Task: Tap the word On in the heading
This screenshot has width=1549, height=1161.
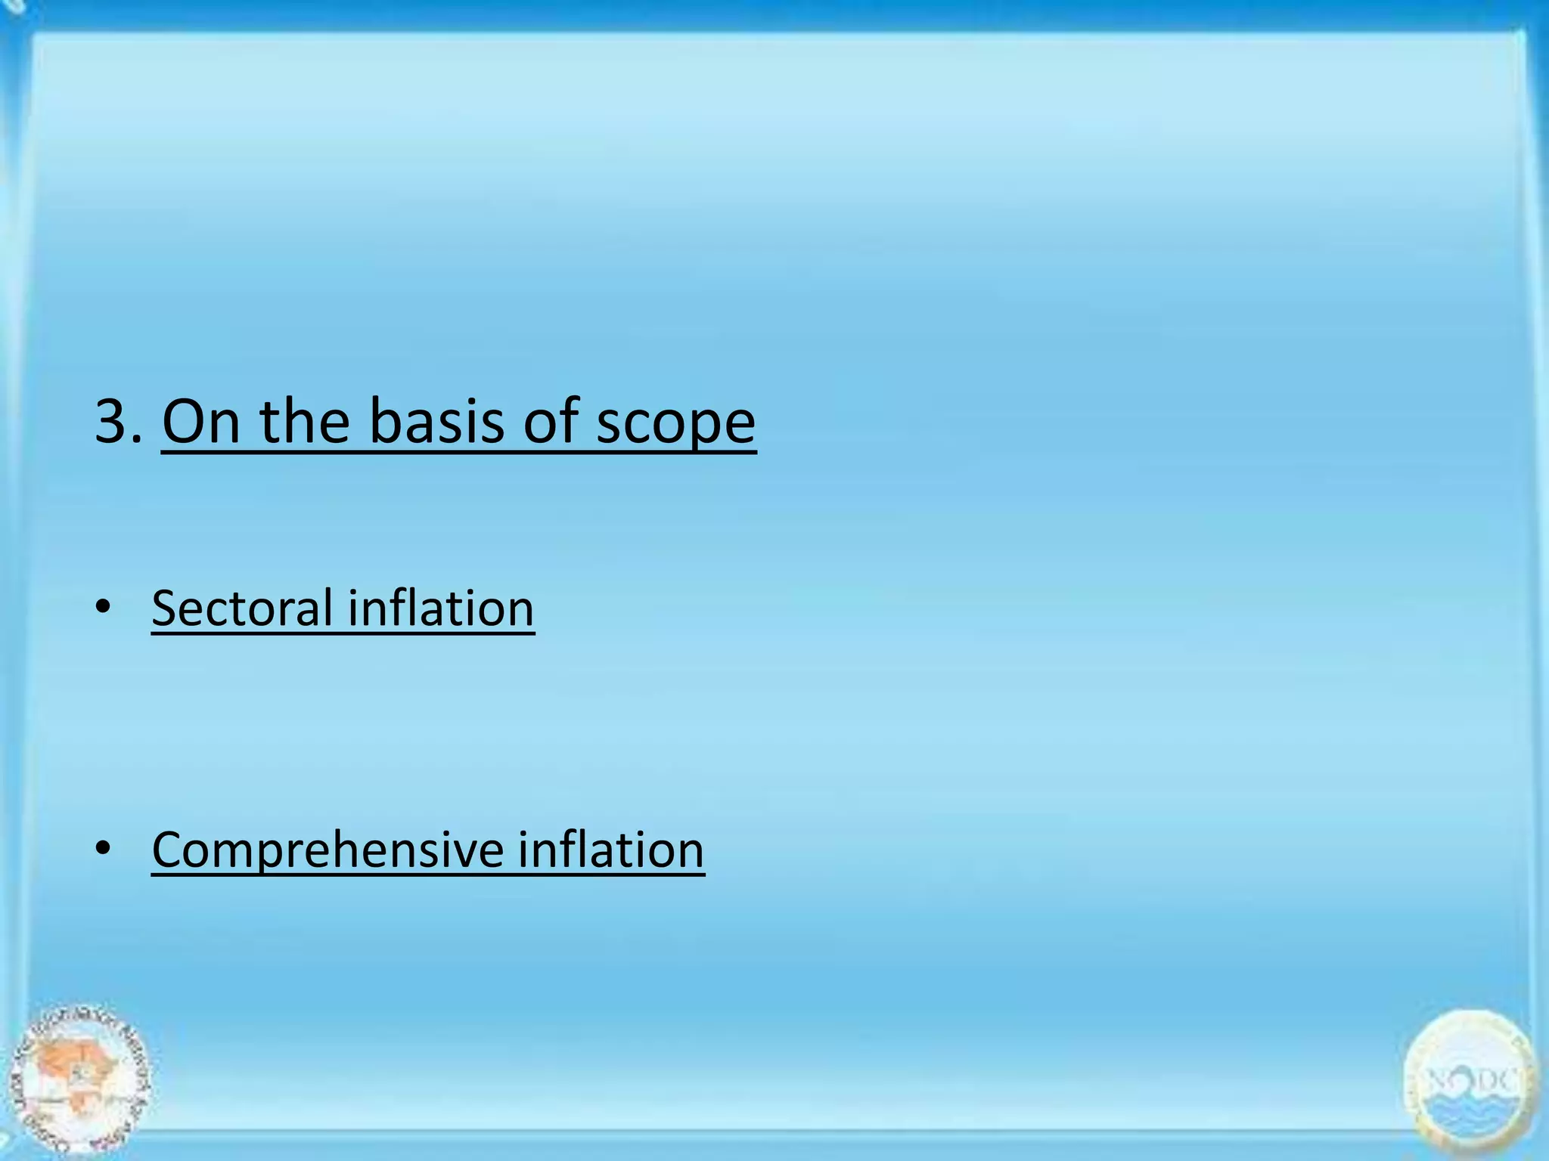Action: pos(201,421)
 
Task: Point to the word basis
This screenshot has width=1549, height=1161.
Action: pos(437,421)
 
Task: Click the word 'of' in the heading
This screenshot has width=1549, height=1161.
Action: pos(551,421)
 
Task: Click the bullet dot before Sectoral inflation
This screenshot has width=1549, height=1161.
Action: pos(103,606)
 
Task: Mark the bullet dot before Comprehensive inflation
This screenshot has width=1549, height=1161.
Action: pos(103,848)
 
